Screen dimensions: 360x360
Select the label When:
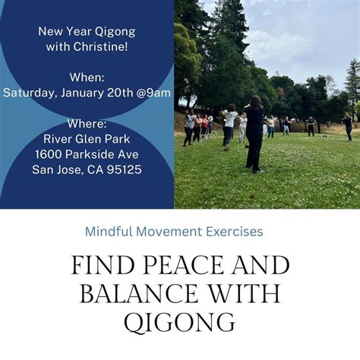coord(87,77)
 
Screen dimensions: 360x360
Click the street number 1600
coord(49,153)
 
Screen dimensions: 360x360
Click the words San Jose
coord(58,169)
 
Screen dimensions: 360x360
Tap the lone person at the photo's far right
coord(348,126)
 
